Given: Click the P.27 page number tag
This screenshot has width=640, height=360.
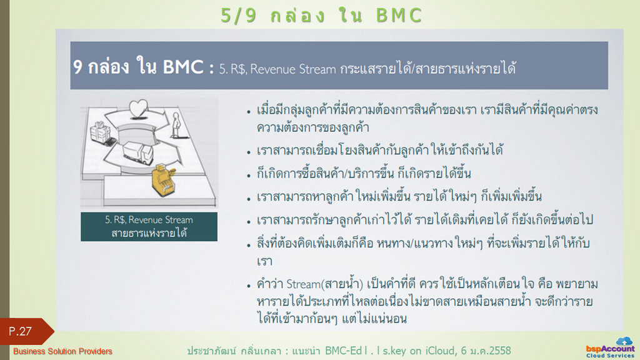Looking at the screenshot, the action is tap(25, 331).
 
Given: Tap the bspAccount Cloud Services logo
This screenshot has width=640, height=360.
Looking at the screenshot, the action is tap(610, 347).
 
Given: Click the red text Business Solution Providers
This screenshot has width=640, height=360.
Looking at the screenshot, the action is tap(62, 351).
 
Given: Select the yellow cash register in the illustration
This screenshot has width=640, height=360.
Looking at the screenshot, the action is tap(164, 179).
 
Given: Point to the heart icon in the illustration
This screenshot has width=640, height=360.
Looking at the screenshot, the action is tap(138, 109).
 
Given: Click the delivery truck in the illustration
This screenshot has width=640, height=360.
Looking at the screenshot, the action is tap(138, 152).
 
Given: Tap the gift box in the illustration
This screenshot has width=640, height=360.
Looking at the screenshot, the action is tap(100, 132).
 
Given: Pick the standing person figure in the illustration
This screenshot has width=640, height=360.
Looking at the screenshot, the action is tap(176, 125).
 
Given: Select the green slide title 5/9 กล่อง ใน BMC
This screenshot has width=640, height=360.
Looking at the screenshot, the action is tap(321, 16).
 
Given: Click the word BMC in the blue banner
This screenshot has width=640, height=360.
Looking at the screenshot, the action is tap(183, 67).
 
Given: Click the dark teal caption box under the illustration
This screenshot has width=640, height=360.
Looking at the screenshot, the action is tap(149, 226).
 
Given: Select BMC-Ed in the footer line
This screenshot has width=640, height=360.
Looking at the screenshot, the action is tap(343, 351).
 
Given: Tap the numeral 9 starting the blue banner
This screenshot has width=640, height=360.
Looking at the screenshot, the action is tap(77, 67).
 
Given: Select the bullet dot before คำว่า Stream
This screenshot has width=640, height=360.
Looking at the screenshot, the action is tap(249, 286).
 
